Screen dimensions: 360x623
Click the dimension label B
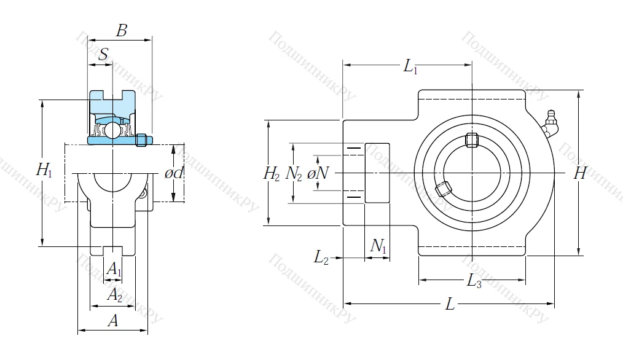click(122, 31)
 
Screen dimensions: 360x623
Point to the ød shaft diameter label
click(174, 173)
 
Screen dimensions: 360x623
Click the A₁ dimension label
click(114, 268)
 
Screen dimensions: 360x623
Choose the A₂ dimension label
click(114, 295)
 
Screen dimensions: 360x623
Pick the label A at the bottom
click(112, 320)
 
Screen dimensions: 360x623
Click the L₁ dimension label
click(410, 67)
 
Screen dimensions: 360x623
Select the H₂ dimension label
click(272, 174)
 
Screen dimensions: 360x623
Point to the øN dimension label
click(318, 174)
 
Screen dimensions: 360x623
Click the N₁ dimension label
click(378, 246)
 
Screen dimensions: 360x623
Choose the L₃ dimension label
click(474, 282)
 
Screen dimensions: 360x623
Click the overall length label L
click(450, 304)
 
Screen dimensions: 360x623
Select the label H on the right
click(579, 174)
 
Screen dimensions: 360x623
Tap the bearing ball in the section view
click(112, 130)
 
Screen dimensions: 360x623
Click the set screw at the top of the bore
click(472, 140)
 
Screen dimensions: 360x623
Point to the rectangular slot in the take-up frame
click(377, 173)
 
